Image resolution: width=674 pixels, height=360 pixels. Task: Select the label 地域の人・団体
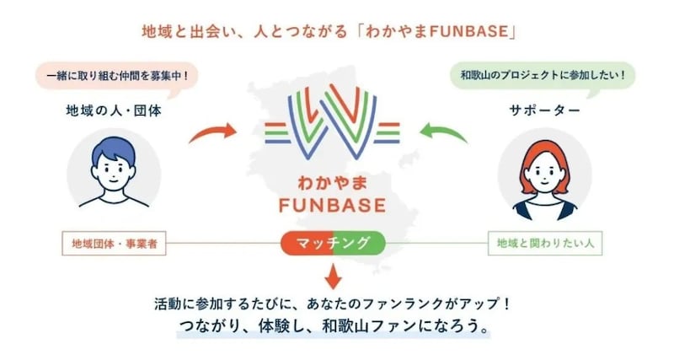click(x=114, y=111)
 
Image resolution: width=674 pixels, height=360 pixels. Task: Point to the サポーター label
click(x=544, y=111)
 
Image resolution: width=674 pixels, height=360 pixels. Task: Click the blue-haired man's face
click(x=114, y=169)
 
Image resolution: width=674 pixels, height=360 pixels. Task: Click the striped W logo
click(x=332, y=121)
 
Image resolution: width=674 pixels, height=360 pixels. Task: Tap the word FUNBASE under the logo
click(x=332, y=205)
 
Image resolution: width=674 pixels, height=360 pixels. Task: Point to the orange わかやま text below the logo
click(x=332, y=184)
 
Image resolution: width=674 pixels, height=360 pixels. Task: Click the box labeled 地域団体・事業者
click(x=114, y=244)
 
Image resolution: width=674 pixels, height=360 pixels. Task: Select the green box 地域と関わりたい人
click(x=545, y=244)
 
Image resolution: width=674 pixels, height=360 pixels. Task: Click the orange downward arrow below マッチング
click(x=333, y=277)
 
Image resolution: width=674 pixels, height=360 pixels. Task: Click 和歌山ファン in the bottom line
click(x=364, y=326)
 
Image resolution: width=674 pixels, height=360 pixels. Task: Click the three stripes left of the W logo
click(x=277, y=133)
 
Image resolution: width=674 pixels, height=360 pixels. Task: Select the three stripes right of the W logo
click(x=388, y=133)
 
